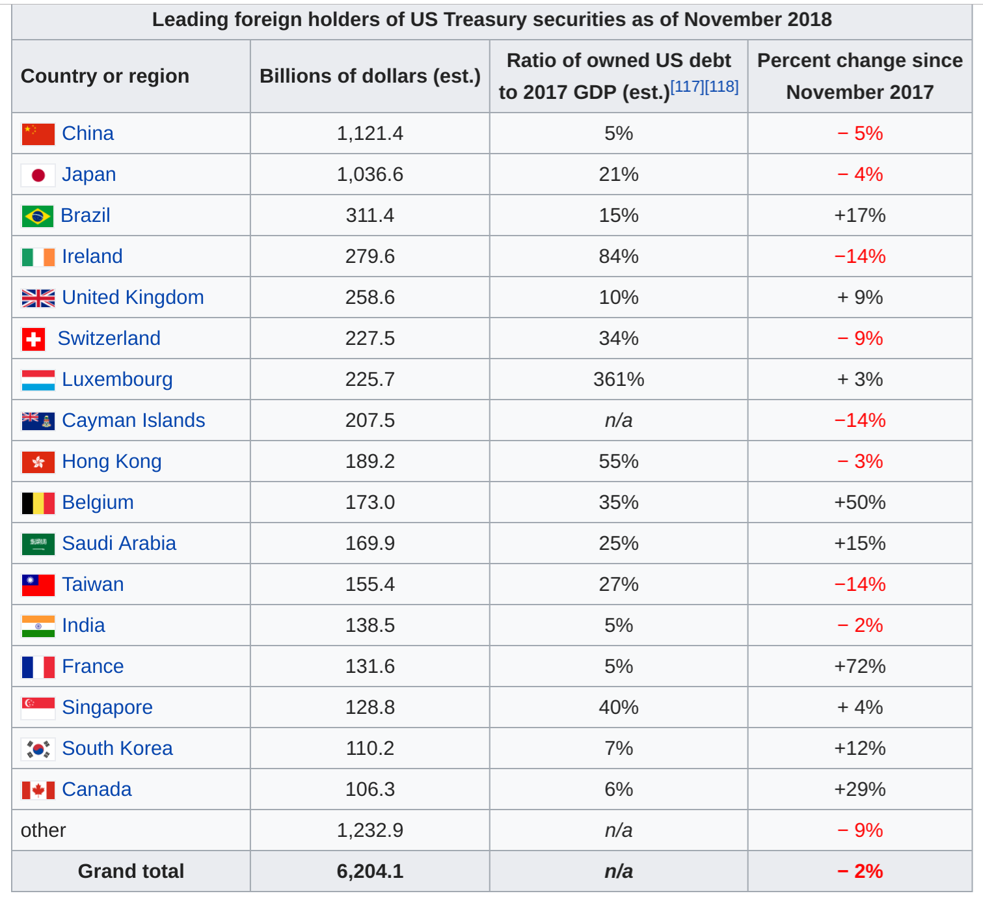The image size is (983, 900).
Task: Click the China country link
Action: coord(88,133)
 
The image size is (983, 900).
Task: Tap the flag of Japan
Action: coord(38,175)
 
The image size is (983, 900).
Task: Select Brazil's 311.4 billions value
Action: coord(370,215)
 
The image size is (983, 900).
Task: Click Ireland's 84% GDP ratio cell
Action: coord(618,256)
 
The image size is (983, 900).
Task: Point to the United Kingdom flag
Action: coord(38,298)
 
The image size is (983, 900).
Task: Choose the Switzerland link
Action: coord(109,338)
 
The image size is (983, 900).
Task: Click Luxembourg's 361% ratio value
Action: coord(618,379)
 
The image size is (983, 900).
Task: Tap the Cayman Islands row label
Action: coord(133,420)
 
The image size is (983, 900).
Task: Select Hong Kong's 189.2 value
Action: coord(370,461)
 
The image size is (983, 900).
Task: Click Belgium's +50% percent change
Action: coord(859,502)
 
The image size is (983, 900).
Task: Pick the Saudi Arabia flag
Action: coord(38,544)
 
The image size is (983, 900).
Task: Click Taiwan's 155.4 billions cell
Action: coord(370,584)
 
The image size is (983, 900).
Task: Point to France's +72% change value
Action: coord(859,666)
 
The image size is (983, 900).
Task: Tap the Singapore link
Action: coord(107,707)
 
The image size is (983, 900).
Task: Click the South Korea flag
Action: coord(38,749)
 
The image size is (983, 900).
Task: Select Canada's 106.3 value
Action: coord(370,789)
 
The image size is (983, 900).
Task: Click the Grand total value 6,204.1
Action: coord(370,871)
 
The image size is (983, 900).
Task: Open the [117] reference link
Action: coord(687,87)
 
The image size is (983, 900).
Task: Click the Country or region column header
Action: coord(105,76)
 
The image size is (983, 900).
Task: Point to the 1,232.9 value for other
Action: coord(370,830)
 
